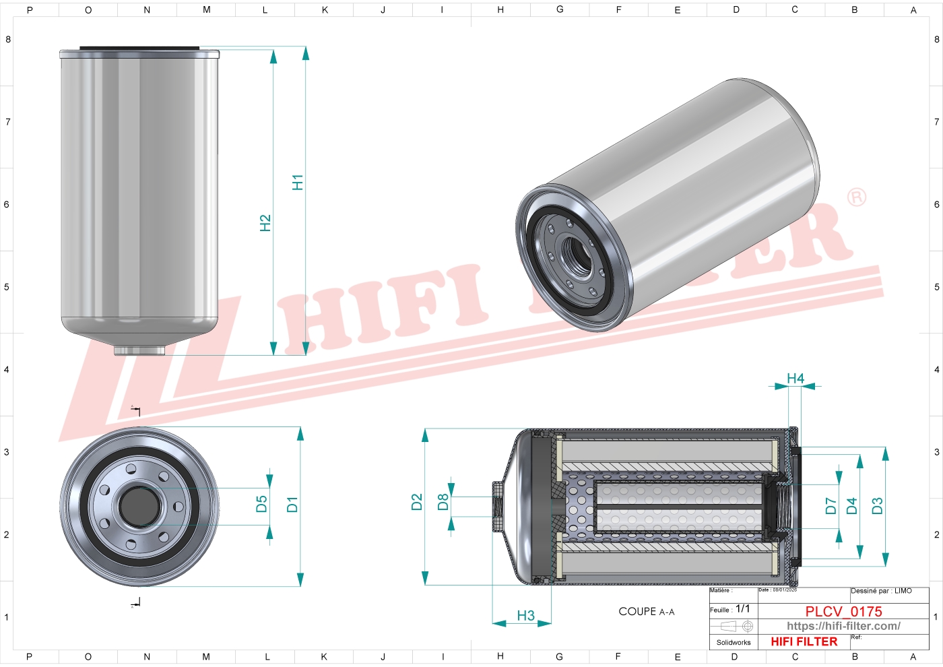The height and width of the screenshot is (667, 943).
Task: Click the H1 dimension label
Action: click(x=297, y=182)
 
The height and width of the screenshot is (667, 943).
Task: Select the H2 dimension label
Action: click(x=265, y=222)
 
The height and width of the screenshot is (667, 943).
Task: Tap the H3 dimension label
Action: click(x=525, y=615)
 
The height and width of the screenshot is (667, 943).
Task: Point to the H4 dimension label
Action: click(x=795, y=379)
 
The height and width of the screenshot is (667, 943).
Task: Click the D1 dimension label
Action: click(x=292, y=504)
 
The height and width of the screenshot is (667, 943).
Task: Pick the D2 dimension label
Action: click(x=416, y=502)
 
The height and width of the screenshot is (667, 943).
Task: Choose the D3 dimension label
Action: click(x=877, y=506)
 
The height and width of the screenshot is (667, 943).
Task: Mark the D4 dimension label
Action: click(x=851, y=506)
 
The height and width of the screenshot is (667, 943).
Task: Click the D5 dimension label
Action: click(x=261, y=504)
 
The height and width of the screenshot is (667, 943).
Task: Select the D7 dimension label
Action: click(x=831, y=506)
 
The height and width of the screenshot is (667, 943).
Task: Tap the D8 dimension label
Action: click(x=443, y=502)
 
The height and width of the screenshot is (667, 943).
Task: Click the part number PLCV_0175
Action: click(x=843, y=611)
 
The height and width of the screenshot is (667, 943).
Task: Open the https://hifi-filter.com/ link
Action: click(x=843, y=626)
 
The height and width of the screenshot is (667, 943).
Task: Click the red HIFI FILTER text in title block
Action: click(x=804, y=641)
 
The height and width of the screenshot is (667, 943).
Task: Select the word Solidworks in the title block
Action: click(x=733, y=642)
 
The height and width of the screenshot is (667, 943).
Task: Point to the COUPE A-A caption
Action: click(x=646, y=612)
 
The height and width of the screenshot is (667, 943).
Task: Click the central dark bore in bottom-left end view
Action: click(x=139, y=506)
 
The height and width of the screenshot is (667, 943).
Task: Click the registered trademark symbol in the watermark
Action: click(x=856, y=197)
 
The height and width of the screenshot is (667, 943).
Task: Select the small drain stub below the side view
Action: click(x=139, y=350)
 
